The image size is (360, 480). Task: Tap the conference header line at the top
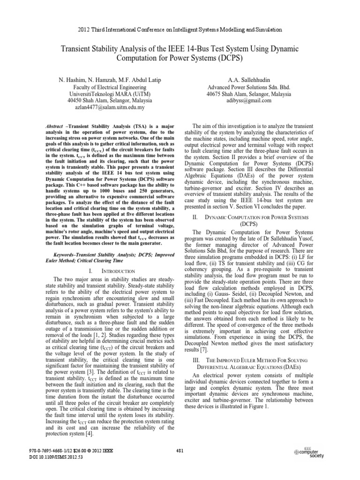click(x=180, y=29)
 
